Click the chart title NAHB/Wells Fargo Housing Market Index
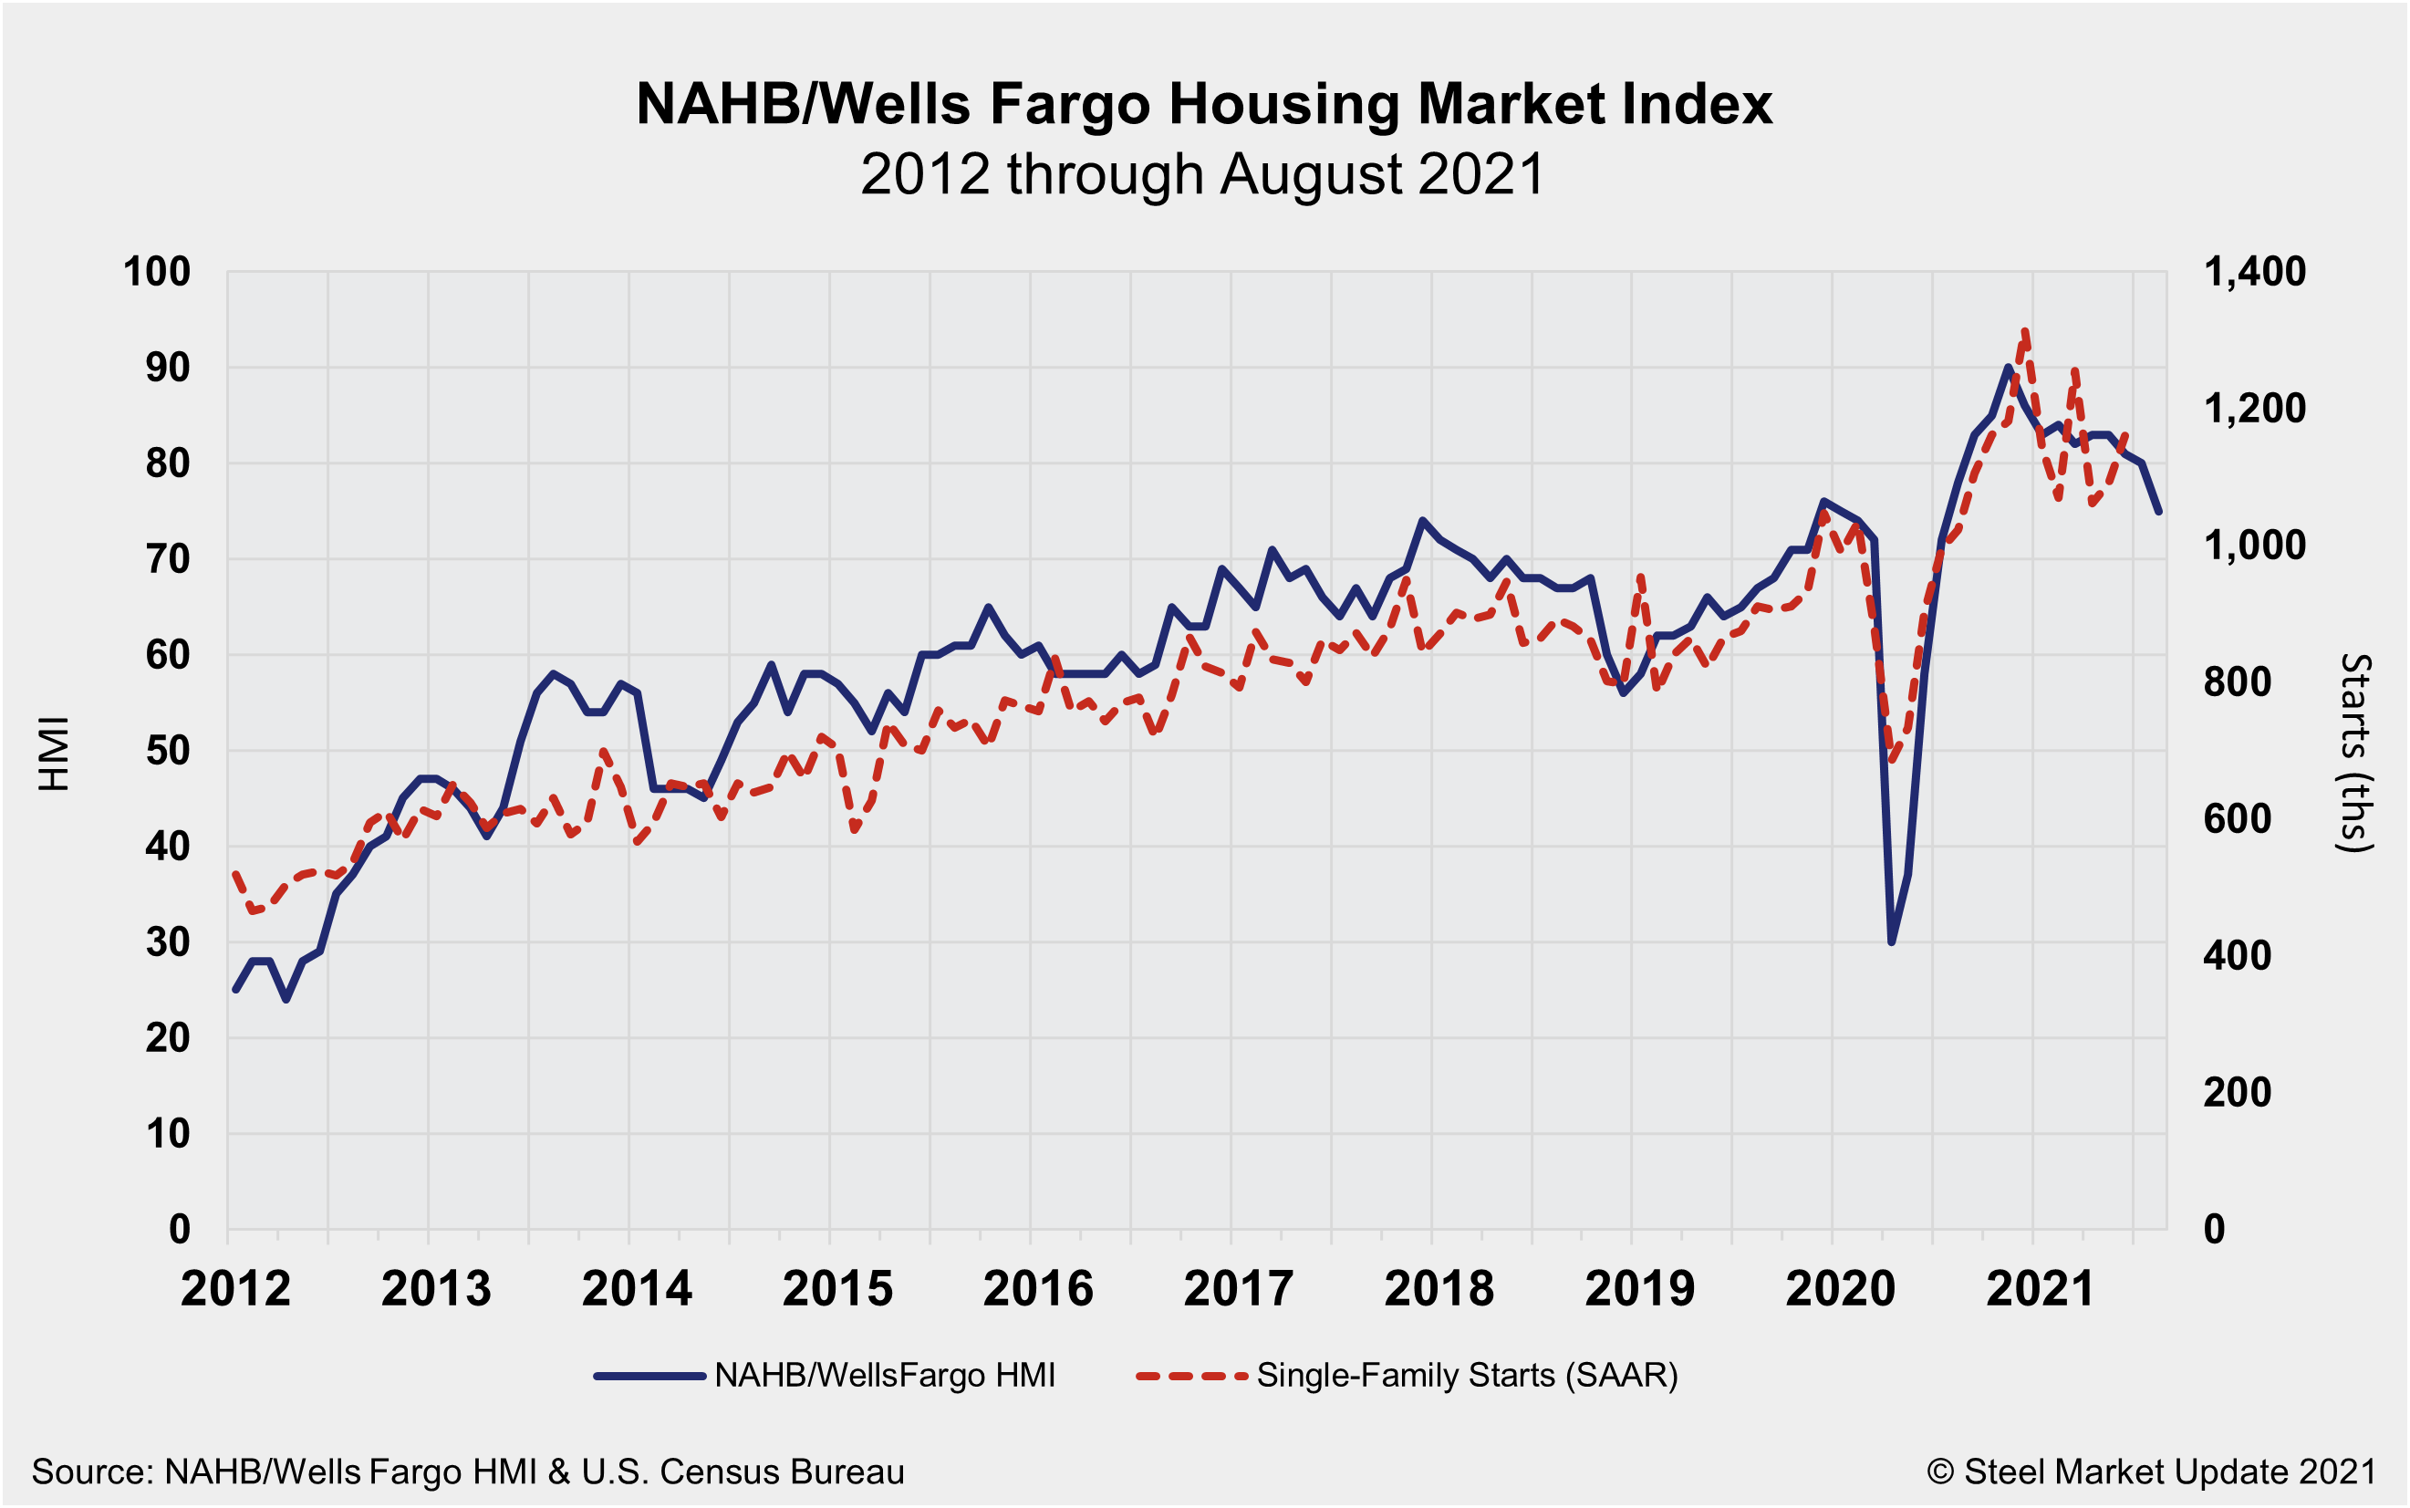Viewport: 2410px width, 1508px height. point(1203,104)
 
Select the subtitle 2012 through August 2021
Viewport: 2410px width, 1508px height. point(1202,174)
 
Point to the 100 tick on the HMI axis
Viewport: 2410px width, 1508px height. point(157,271)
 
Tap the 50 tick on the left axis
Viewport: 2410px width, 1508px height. point(168,750)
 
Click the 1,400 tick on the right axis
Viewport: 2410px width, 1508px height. point(2254,271)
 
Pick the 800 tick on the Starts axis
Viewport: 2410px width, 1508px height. point(2238,682)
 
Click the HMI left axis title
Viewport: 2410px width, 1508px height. point(54,753)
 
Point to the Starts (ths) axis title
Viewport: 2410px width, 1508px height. point(2355,753)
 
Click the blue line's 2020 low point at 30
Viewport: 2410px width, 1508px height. point(1892,941)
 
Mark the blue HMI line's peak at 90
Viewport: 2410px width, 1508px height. point(2008,368)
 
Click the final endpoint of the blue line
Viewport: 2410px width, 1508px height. point(2159,512)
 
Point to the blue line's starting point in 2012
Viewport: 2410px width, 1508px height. point(235,990)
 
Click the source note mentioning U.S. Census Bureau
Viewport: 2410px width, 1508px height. point(468,1472)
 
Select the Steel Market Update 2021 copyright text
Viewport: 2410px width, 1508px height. point(2151,1472)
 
